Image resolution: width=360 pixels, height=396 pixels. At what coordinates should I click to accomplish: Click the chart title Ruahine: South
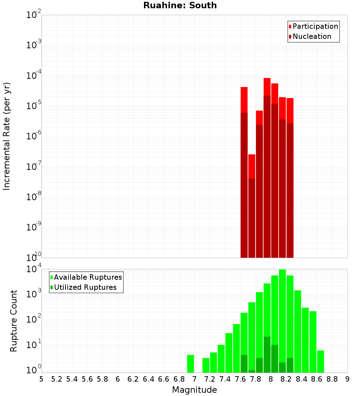tap(180, 5)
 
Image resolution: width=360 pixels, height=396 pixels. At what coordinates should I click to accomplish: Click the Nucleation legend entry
tap(312, 36)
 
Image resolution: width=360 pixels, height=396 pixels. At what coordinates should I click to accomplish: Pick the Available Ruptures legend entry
tap(88, 277)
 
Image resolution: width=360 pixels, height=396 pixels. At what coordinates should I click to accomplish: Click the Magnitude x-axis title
tap(194, 390)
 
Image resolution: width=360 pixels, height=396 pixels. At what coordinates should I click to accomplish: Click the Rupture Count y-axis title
tap(14, 320)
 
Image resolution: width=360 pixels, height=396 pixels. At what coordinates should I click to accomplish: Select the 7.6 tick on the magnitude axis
tap(240, 379)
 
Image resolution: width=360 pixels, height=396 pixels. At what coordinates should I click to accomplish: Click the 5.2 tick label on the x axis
tap(57, 379)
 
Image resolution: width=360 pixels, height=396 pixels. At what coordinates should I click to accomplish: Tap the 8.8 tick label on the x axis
tap(332, 379)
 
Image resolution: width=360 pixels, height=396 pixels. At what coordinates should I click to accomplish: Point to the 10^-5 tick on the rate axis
tap(33, 106)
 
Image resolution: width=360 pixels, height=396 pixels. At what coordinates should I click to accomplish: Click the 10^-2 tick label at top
tap(33, 15)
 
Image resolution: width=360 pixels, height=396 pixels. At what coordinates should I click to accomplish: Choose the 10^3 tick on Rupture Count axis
tap(33, 293)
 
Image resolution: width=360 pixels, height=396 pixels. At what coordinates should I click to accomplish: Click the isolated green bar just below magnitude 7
tap(191, 364)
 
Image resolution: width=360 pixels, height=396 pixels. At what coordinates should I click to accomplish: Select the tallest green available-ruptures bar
tap(282, 320)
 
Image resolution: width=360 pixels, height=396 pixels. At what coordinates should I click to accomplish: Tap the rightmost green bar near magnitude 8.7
tap(320, 361)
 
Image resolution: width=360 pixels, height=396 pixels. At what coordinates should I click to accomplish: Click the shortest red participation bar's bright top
tap(252, 166)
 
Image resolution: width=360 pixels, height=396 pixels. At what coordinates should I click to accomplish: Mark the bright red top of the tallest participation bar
tap(267, 86)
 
